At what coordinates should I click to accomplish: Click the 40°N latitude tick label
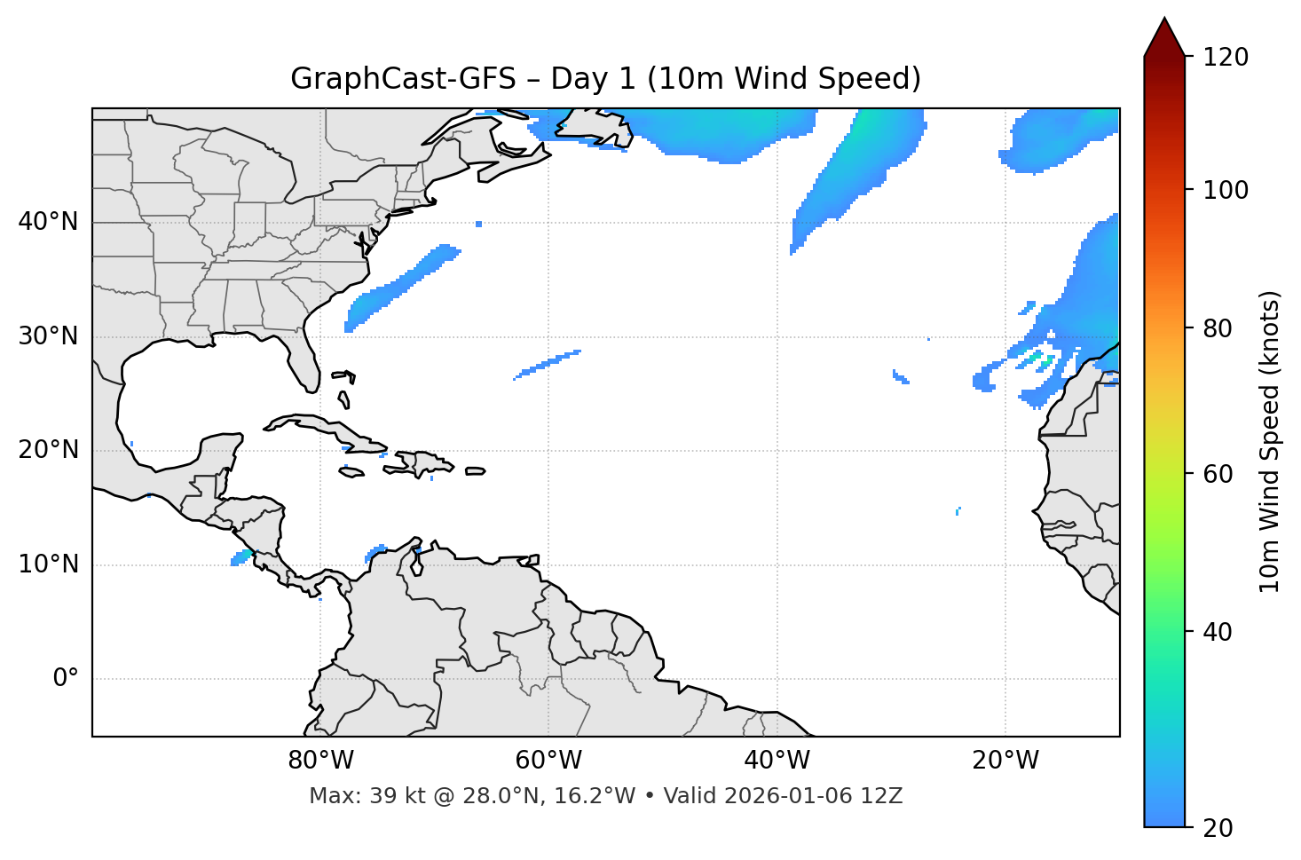48,222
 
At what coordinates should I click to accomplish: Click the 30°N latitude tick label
48,336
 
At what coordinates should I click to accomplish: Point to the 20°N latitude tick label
48,450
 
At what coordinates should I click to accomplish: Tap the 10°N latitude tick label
48,564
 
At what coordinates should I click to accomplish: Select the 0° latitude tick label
65,679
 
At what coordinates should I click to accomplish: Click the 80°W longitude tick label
320,761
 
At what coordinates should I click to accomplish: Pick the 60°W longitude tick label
548,761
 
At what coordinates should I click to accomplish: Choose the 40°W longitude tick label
777,761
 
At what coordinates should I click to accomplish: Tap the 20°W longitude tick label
1005,761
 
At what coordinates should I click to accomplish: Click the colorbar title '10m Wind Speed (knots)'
1270,441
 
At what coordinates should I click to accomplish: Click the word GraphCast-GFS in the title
403,79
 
